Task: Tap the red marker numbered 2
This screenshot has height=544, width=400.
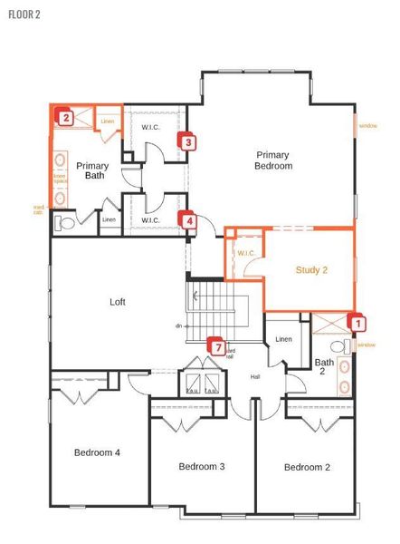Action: pyautogui.click(x=65, y=116)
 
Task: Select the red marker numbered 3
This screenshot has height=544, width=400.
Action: pyautogui.click(x=187, y=141)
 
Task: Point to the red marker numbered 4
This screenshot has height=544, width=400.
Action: pyautogui.click(x=188, y=219)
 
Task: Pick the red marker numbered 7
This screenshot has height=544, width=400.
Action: pyautogui.click(x=215, y=345)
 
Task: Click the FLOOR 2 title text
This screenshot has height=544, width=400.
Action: pyautogui.click(x=25, y=15)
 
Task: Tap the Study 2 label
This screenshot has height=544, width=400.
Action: pyautogui.click(x=311, y=270)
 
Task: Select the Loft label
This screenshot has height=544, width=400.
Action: pyautogui.click(x=118, y=302)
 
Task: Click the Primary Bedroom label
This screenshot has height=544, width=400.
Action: pyautogui.click(x=273, y=160)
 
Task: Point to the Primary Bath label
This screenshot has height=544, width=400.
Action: pyautogui.click(x=92, y=170)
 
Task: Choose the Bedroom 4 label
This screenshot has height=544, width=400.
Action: pyautogui.click(x=97, y=452)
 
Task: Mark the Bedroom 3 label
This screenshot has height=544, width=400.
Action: pyautogui.click(x=201, y=466)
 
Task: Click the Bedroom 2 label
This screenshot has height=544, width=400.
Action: pyautogui.click(x=307, y=467)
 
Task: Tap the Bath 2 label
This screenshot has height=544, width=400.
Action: pyautogui.click(x=324, y=367)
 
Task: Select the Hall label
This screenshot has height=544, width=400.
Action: pyautogui.click(x=255, y=376)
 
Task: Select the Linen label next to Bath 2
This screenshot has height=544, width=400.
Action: pyautogui.click(x=283, y=339)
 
